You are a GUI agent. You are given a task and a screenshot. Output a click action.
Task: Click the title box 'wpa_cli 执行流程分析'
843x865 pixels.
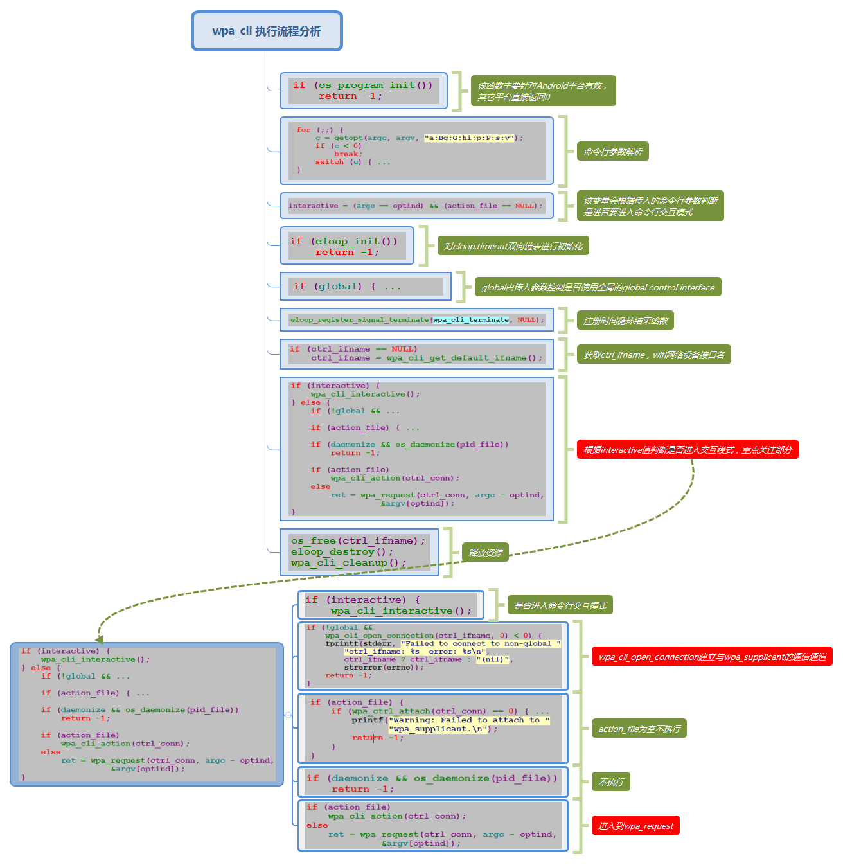point(267,31)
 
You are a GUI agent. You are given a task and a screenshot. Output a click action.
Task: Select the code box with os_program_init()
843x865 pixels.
point(363,91)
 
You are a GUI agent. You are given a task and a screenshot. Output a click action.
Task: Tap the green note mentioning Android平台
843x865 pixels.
point(543,91)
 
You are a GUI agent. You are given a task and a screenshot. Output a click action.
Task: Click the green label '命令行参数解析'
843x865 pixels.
point(612,152)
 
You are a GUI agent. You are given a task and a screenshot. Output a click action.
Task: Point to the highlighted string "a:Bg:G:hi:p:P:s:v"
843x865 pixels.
point(470,138)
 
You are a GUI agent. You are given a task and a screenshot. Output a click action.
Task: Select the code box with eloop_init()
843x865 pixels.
point(346,246)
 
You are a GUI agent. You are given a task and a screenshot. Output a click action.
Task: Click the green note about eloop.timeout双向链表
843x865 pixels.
point(513,246)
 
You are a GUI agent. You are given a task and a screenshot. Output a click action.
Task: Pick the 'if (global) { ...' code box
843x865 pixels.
point(365,287)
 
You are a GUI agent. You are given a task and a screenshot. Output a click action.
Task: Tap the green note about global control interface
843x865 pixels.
point(598,287)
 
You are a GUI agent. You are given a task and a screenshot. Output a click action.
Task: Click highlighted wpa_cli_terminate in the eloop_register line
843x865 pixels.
point(471,319)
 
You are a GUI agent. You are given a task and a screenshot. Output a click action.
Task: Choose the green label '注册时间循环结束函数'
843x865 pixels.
point(625,321)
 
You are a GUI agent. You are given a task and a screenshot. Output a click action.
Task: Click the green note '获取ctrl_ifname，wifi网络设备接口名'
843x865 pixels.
point(653,355)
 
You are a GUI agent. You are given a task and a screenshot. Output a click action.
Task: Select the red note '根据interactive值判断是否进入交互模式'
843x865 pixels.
point(688,450)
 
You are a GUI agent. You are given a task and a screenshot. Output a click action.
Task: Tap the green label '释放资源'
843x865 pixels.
point(485,553)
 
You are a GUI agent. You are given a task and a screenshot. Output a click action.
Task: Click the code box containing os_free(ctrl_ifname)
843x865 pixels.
point(359,552)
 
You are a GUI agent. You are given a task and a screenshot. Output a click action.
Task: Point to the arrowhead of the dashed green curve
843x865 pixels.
point(100,639)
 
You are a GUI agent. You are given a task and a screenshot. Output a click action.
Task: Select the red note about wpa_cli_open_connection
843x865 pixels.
point(712,657)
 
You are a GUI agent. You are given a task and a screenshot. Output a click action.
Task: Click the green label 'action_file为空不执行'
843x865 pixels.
point(639,729)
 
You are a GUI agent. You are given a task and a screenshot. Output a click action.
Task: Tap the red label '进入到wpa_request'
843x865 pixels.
point(635,826)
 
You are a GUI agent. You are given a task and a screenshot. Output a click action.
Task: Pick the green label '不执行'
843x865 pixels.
point(611,782)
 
